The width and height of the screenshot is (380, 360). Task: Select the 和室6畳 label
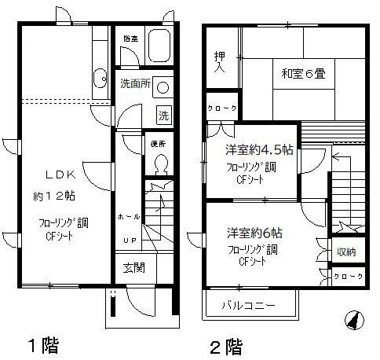point(303,74)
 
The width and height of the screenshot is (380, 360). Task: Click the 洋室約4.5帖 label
point(249,150)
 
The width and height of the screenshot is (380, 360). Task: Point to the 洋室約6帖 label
point(255,233)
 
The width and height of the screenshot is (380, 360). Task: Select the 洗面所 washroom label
point(134,83)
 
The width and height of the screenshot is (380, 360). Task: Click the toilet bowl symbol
point(162,164)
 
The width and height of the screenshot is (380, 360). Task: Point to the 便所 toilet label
point(157,144)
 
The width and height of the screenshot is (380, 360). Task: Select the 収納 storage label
point(345,252)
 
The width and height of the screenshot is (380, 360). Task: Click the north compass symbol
point(354,321)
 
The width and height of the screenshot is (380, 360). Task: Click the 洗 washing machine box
point(163,112)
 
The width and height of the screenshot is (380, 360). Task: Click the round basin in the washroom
point(163,86)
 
